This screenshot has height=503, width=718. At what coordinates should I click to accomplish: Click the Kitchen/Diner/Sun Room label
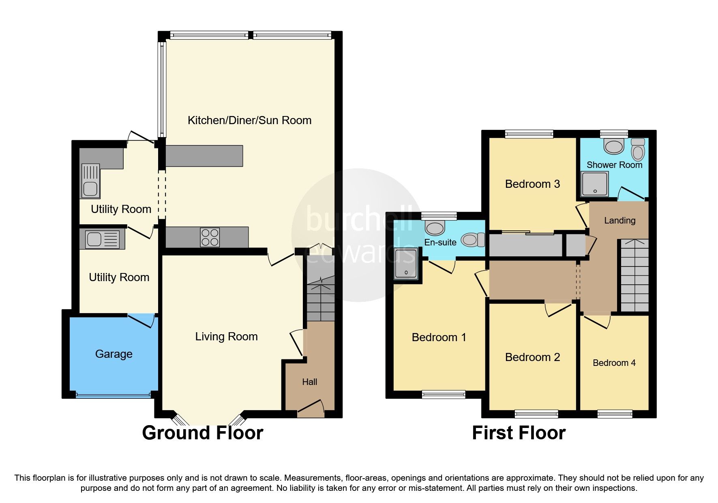point(249,120)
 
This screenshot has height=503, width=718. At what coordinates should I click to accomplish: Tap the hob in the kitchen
point(210,237)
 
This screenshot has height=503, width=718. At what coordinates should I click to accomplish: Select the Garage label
point(114,354)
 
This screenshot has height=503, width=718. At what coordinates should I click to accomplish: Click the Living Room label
point(226,336)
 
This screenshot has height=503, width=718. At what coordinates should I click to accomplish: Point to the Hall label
point(309,382)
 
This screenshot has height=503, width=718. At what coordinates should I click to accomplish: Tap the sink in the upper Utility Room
point(90,181)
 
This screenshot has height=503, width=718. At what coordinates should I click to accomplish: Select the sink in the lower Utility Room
point(102,239)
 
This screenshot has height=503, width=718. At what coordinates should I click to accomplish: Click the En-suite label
point(440,242)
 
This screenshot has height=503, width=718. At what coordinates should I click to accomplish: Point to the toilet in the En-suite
point(473,240)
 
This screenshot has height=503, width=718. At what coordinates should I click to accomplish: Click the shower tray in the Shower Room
point(595,183)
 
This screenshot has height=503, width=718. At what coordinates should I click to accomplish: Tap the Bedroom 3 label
point(532,184)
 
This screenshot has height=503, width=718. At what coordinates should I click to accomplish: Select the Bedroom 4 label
point(614,363)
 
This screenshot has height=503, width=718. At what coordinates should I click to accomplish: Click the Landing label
point(619,220)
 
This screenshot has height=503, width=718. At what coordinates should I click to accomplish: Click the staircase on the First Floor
point(634,276)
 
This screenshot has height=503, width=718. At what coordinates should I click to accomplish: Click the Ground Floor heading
point(202,433)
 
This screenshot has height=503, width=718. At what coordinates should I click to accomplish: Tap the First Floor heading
point(519,433)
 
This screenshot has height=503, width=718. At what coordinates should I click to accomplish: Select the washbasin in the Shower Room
point(613,146)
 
